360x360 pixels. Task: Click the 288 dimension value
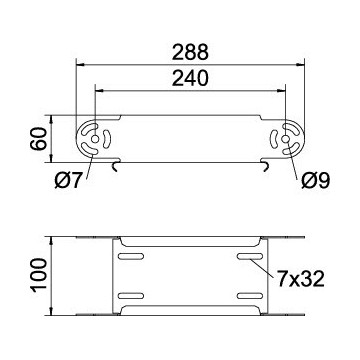(190, 52)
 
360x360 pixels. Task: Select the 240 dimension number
(190, 79)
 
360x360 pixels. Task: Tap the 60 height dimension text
(38, 139)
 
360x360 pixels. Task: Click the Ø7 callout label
(68, 181)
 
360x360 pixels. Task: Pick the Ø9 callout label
(315, 181)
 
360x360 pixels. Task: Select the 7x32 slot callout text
(300, 279)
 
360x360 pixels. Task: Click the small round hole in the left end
(95, 139)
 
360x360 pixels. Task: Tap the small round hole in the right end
(285, 139)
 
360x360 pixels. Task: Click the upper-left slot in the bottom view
(131, 256)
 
